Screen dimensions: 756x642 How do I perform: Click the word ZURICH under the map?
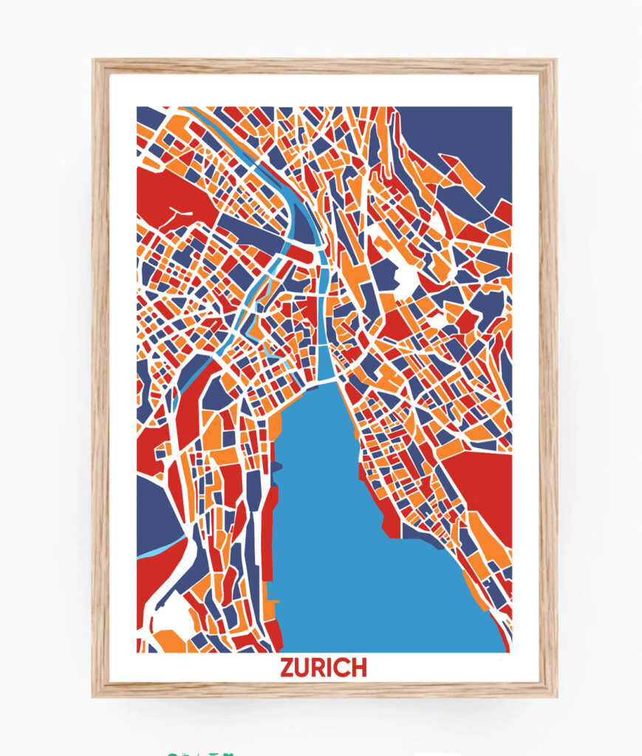click(323, 667)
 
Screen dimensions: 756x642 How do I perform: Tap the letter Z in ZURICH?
click(287, 667)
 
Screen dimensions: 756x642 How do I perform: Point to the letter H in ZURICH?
click(358, 667)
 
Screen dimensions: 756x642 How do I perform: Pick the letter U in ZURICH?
click(304, 667)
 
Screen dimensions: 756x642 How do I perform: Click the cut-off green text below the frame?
click(199, 753)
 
